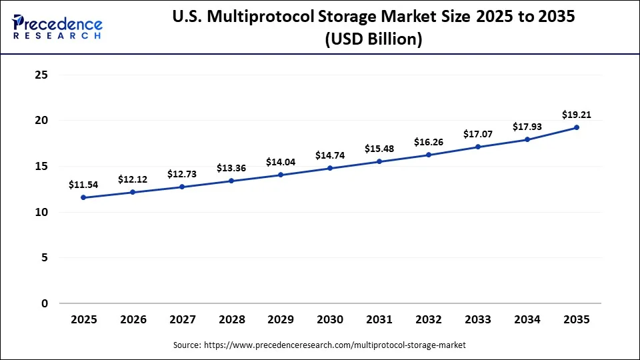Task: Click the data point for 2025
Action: pos(83,197)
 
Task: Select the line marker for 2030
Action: pos(330,168)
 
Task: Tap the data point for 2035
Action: pos(577,127)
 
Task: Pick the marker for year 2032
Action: pos(429,155)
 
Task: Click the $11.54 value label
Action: pos(83,185)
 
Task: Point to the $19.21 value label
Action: pos(577,115)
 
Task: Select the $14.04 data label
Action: pos(281,162)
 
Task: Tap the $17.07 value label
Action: pos(478,134)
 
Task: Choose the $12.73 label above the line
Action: pos(182,174)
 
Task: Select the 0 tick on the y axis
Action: pos(45,303)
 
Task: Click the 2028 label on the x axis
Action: pos(231,320)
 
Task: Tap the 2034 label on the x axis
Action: pos(527,320)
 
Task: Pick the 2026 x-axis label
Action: pos(133,320)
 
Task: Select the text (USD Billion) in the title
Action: pos(373,40)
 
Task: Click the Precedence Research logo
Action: pos(57,27)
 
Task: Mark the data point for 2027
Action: pos(182,187)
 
